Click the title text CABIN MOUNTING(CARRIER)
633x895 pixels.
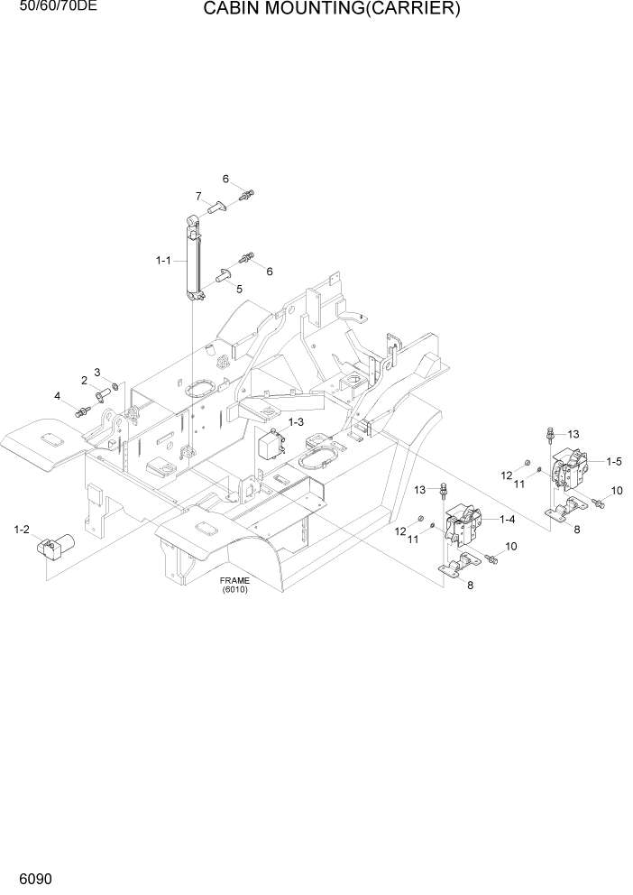(x=331, y=10)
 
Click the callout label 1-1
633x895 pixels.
(x=163, y=261)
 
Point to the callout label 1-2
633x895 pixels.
(x=22, y=529)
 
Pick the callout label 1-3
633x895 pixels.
(x=296, y=421)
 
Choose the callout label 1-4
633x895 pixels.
(x=507, y=519)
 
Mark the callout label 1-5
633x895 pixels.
(x=613, y=461)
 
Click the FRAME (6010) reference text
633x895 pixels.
(x=234, y=585)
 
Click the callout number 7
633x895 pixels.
(x=197, y=196)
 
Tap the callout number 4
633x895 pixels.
(x=57, y=396)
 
